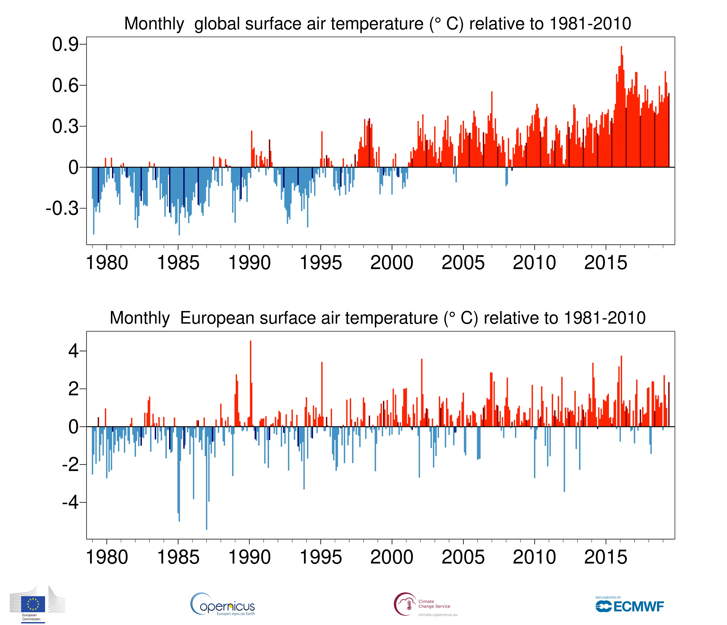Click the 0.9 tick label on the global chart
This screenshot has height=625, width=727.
[65, 45]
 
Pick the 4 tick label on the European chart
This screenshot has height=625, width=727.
[74, 351]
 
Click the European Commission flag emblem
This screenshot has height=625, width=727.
[33, 604]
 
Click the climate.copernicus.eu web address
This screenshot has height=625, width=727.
[438, 615]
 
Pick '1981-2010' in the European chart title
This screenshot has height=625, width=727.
[605, 318]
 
